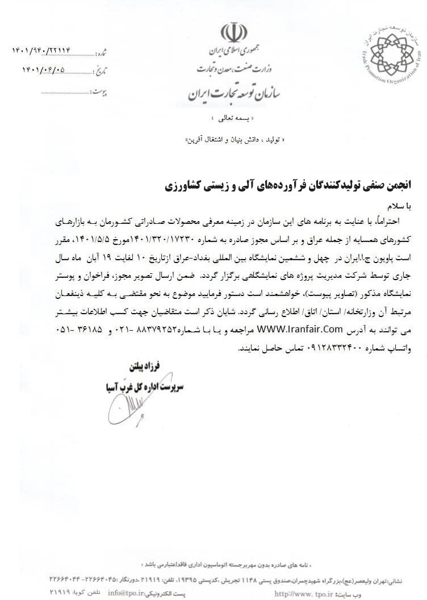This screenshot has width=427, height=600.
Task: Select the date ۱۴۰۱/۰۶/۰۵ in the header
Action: tap(52, 70)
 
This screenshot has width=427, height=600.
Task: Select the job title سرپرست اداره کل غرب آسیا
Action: tap(149, 385)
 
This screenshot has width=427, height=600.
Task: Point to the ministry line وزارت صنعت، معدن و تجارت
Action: tap(232, 70)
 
